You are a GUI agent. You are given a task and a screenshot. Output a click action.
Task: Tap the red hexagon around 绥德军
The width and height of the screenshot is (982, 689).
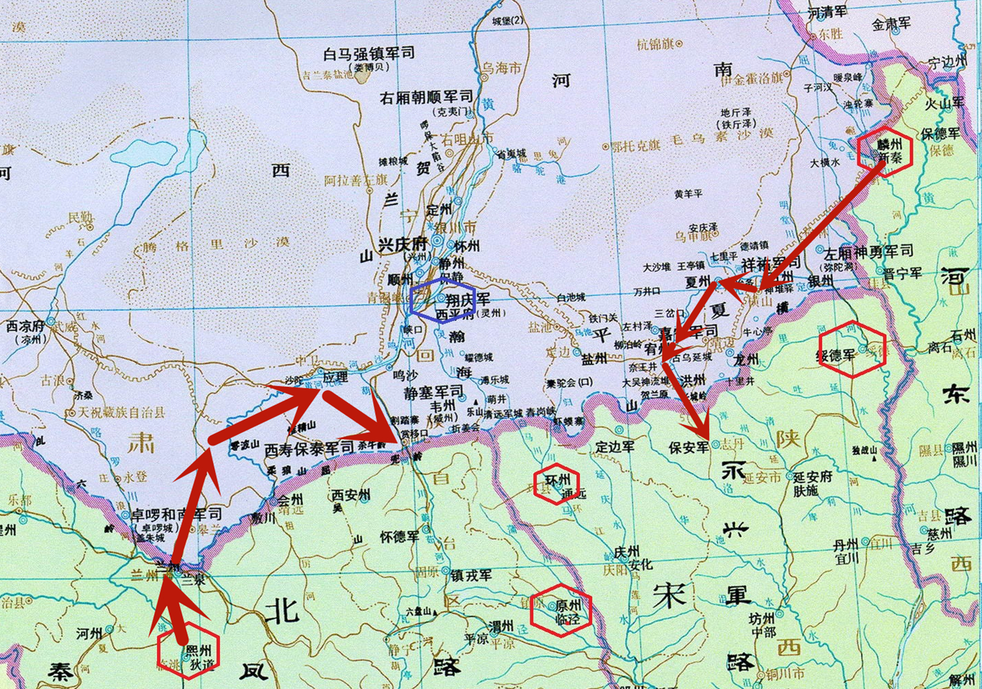click(x=853, y=349)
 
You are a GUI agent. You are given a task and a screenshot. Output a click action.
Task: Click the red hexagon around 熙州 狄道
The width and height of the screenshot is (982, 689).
click(x=188, y=652)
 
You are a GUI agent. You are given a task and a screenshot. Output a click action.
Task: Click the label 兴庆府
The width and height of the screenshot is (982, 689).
click(x=402, y=245)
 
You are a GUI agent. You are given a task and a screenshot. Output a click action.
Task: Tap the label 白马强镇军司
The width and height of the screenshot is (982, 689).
click(x=369, y=53)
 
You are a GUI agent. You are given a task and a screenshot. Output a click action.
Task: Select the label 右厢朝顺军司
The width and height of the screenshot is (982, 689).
click(x=426, y=97)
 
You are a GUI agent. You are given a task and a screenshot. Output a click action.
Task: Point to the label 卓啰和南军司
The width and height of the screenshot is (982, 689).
click(x=177, y=514)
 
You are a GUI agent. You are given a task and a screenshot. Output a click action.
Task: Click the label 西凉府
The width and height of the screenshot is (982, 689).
click(x=26, y=325)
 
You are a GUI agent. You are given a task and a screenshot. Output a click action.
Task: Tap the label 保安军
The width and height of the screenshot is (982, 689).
click(x=689, y=447)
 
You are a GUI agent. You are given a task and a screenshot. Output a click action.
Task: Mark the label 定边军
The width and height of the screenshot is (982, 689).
click(x=615, y=447)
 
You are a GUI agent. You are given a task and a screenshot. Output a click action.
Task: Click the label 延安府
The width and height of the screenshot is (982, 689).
click(x=812, y=476)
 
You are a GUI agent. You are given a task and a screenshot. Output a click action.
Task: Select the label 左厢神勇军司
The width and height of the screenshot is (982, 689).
click(x=868, y=252)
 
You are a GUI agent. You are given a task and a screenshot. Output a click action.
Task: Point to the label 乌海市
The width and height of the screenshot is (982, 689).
click(x=501, y=68)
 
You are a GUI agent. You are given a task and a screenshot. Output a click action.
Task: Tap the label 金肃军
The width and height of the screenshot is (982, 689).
click(x=891, y=24)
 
